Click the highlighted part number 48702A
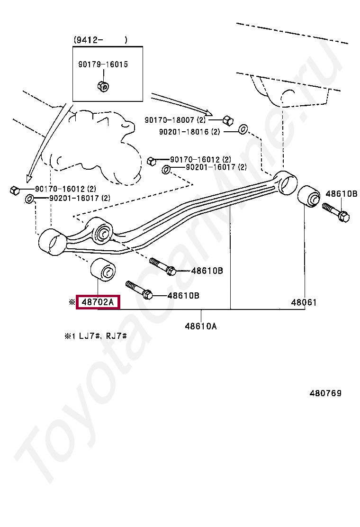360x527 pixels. (x=98, y=301)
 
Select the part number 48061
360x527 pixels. (x=304, y=302)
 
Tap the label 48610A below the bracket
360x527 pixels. (x=200, y=326)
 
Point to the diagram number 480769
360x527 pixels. (x=325, y=393)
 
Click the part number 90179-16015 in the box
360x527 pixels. (x=103, y=64)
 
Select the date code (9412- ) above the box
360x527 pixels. (x=100, y=40)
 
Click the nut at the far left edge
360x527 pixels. (x=14, y=190)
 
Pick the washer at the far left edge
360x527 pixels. (x=29, y=198)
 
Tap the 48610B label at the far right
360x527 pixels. (x=341, y=193)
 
